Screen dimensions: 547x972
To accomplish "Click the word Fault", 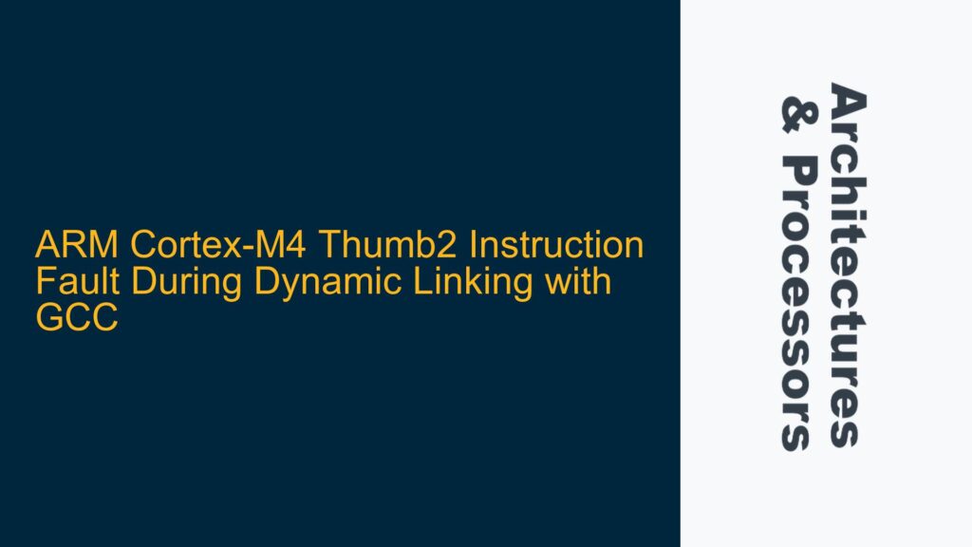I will [67, 283].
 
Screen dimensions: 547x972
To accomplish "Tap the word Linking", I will [431, 283].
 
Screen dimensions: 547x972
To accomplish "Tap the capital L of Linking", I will [382, 283].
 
